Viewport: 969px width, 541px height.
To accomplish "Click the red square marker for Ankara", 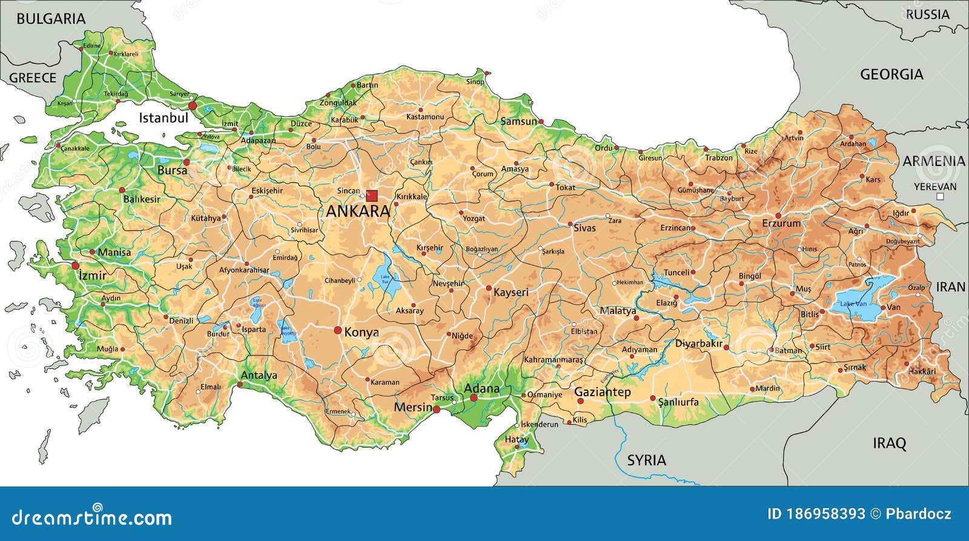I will click(372, 196).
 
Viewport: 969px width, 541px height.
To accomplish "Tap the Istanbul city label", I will click(164, 118).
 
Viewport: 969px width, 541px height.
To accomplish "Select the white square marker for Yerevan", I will click(940, 197).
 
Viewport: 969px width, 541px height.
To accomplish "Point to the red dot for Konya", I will click(338, 330).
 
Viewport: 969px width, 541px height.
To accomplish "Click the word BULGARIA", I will click(51, 19).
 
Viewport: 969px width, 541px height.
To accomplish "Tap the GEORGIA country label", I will click(891, 75).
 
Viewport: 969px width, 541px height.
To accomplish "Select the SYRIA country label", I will click(646, 460).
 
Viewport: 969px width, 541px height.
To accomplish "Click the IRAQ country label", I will click(889, 443).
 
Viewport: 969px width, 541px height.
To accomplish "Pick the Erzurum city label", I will click(781, 224).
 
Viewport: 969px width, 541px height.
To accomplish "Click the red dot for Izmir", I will click(76, 265).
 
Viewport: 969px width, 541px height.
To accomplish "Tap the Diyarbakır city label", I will click(699, 344).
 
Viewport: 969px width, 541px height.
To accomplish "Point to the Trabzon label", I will click(719, 158).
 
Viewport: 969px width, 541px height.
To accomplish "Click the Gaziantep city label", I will click(602, 392).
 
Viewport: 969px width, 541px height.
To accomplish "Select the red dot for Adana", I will click(474, 397).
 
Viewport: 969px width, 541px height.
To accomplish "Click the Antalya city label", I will click(259, 375).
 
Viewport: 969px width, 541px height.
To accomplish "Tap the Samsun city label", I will click(518, 121).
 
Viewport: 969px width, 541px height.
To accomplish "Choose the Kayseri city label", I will click(511, 292).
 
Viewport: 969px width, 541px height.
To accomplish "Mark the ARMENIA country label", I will click(934, 161).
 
